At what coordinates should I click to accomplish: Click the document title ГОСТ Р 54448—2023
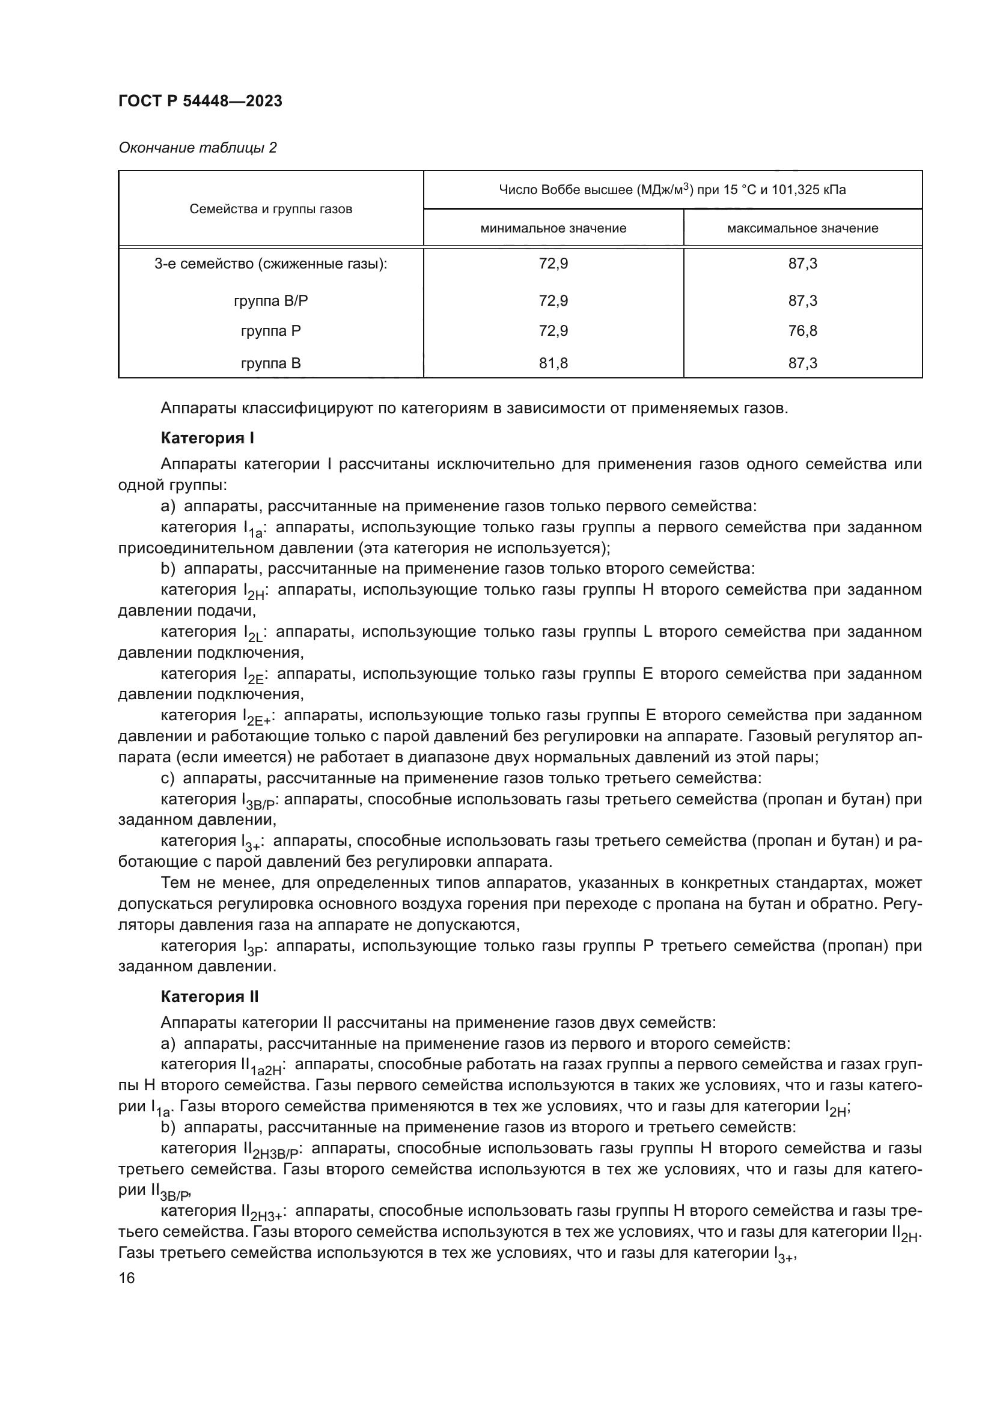click(200, 102)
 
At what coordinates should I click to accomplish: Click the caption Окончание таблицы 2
click(197, 148)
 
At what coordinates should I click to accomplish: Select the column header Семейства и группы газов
click(270, 209)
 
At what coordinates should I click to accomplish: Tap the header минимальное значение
click(553, 228)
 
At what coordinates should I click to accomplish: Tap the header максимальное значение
click(802, 228)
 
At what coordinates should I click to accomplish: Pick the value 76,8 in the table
click(802, 331)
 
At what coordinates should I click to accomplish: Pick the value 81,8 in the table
click(553, 363)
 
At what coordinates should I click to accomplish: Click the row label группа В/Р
click(270, 301)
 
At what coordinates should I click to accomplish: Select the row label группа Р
click(270, 331)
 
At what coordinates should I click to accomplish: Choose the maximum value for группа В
click(802, 363)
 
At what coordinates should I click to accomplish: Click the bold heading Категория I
click(207, 438)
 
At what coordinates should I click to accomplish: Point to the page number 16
click(127, 1278)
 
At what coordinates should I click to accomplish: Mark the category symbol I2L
click(253, 634)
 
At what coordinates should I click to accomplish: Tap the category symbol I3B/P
click(260, 802)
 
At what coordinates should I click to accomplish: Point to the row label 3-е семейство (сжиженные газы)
click(270, 264)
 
